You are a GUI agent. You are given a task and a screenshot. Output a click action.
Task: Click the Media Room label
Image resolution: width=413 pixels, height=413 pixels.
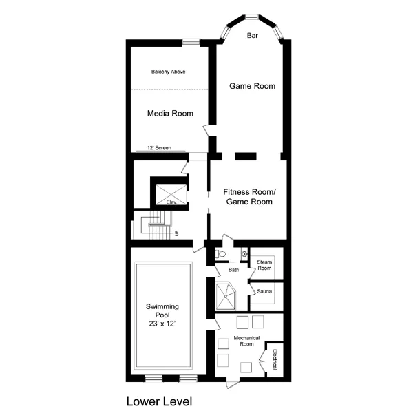point(170,114)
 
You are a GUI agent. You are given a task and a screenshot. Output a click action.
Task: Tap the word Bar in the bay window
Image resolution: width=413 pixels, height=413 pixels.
point(253,36)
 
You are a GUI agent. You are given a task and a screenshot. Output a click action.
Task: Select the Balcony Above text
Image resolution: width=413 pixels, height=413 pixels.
point(169,72)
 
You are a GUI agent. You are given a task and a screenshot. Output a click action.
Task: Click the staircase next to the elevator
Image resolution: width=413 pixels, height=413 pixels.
point(157,225)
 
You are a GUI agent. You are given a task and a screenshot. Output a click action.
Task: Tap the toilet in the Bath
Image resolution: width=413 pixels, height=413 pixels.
point(220,254)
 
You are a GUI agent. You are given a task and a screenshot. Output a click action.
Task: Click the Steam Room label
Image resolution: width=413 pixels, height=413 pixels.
point(264,265)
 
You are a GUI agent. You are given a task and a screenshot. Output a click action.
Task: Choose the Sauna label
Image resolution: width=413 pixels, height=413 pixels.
point(264,291)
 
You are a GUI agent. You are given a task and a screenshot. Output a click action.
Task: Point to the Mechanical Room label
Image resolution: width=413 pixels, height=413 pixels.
point(246,341)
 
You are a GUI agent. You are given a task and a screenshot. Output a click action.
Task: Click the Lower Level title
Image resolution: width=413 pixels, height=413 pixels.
point(159,401)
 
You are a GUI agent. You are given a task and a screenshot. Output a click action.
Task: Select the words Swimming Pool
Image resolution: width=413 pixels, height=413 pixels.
point(162,310)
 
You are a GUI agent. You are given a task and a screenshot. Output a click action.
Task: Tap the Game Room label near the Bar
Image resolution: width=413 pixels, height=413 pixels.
point(252,86)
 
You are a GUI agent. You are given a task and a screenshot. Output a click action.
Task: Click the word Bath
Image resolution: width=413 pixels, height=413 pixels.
point(233,270)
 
